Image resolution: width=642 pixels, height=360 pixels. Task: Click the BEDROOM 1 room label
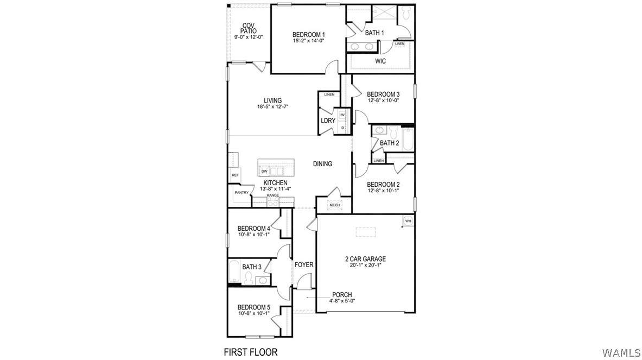(x=309, y=34)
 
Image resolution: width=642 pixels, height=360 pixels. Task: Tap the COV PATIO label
(x=249, y=28)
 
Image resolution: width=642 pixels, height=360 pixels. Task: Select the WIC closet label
(x=380, y=61)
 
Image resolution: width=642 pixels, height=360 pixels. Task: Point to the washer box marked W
(x=342, y=115)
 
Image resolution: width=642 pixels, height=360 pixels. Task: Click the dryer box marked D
(x=342, y=128)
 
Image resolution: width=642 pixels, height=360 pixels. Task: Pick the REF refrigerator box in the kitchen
(x=235, y=175)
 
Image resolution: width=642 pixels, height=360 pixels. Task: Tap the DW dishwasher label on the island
(x=264, y=171)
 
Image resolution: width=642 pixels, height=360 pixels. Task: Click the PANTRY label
(x=241, y=193)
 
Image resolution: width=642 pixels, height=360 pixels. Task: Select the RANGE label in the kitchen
(x=272, y=195)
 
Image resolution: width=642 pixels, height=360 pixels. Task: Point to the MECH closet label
(x=334, y=205)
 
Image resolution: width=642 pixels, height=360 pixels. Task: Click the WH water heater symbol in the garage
(x=408, y=221)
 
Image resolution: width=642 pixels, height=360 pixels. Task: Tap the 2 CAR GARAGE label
(x=365, y=259)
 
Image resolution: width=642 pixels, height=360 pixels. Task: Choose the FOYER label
(x=304, y=265)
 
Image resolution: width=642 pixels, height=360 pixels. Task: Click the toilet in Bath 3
(x=247, y=278)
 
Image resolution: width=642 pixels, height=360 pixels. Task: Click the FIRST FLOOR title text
(x=251, y=352)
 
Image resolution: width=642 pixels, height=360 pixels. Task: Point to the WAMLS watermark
(x=621, y=352)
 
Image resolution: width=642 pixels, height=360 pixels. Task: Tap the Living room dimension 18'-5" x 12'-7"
(x=272, y=106)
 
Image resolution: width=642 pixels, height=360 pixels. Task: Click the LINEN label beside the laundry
(x=329, y=94)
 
